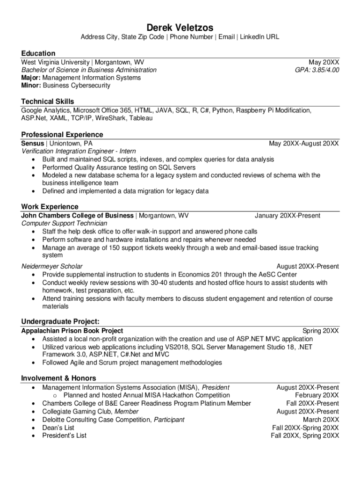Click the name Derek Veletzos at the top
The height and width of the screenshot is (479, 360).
click(180, 28)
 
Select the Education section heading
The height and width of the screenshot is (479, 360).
click(38, 53)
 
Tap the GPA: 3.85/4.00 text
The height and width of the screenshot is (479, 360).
click(317, 70)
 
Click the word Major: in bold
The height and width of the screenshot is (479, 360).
click(32, 78)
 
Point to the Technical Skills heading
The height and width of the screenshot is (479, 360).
click(48, 101)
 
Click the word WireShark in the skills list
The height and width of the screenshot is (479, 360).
click(111, 118)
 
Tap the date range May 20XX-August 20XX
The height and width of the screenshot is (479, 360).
click(304, 143)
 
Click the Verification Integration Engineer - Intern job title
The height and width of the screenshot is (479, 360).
click(79, 151)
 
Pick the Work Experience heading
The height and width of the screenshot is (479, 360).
click(50, 207)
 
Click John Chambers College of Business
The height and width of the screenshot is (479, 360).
click(78, 216)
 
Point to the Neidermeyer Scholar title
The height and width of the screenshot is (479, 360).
click(52, 267)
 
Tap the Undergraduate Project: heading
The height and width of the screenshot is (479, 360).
click(60, 321)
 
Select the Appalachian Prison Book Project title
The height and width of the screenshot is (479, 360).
click(72, 331)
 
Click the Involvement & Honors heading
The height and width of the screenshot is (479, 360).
click(59, 378)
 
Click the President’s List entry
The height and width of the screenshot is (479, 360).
click(65, 435)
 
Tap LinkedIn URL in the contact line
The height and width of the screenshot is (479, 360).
click(259, 37)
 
